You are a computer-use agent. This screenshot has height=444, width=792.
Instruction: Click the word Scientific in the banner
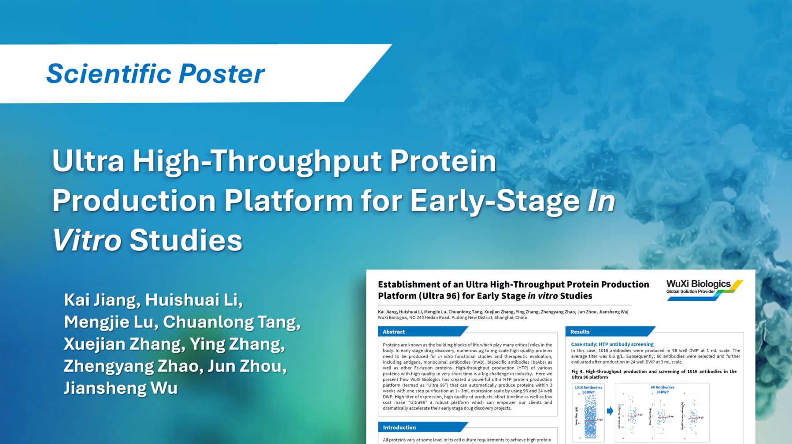click(x=108, y=74)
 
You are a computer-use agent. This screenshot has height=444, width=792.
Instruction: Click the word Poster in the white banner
click(x=222, y=74)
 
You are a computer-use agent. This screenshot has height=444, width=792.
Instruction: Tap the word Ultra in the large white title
click(x=88, y=161)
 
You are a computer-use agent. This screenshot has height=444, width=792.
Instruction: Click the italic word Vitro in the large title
click(x=87, y=240)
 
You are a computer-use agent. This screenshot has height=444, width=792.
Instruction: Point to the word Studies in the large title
click(x=185, y=240)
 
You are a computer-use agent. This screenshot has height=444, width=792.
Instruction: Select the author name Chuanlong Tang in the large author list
click(x=232, y=322)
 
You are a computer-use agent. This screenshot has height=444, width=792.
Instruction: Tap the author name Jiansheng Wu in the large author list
click(x=121, y=388)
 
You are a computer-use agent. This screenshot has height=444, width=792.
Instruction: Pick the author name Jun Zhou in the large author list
click(x=247, y=366)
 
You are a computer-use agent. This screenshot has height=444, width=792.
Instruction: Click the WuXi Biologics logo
click(x=704, y=289)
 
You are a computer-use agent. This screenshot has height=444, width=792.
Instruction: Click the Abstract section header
click(x=394, y=332)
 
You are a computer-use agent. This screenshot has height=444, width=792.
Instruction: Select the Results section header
click(x=580, y=332)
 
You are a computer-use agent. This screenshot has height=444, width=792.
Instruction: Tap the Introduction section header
click(x=399, y=427)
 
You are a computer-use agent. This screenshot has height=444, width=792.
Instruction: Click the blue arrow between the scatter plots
click(x=610, y=411)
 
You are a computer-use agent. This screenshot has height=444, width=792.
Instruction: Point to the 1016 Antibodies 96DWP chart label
click(x=588, y=390)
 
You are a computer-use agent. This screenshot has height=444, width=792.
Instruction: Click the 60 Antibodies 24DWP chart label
click(x=662, y=390)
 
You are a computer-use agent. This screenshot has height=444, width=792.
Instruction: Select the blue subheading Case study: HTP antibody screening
click(x=612, y=344)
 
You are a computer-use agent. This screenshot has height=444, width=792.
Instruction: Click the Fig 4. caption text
click(x=653, y=374)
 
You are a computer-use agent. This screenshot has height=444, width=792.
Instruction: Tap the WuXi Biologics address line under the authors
click(x=452, y=317)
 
